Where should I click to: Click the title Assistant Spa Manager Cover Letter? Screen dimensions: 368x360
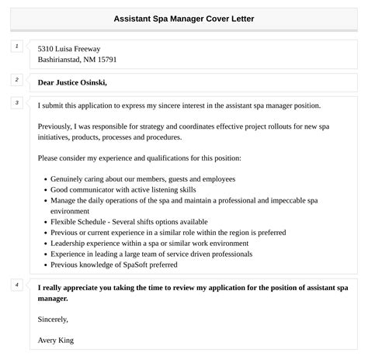point(183,17)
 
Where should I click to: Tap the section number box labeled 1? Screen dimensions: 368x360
point(16,47)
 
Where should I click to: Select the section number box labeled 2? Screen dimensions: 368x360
point(16,79)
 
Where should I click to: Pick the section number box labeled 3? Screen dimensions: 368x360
point(16,102)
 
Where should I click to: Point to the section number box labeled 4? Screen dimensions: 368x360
point(16,285)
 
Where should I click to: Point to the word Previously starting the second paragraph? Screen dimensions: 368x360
point(58,126)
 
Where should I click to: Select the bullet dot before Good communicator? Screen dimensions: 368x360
point(44,189)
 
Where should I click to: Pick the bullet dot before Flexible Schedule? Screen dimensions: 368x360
point(44,221)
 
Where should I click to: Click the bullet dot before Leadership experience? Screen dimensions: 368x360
point(44,243)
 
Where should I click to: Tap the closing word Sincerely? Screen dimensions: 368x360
point(53,318)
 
